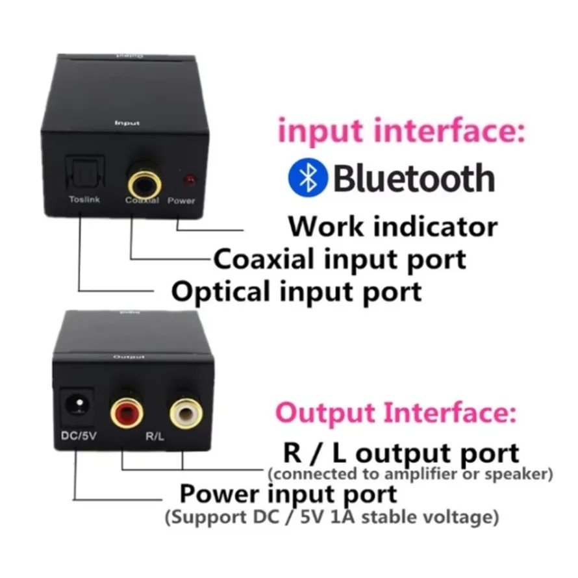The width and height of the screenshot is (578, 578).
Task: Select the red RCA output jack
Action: click(127, 411)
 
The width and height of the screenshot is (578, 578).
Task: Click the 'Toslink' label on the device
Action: click(84, 199)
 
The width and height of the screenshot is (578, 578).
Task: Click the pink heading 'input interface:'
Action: click(400, 132)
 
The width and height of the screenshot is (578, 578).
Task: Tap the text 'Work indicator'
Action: click(393, 226)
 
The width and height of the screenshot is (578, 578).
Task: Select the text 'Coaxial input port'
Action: click(340, 259)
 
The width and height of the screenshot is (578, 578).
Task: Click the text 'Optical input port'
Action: click(296, 290)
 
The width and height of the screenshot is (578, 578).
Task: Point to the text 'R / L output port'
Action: click(401, 453)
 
